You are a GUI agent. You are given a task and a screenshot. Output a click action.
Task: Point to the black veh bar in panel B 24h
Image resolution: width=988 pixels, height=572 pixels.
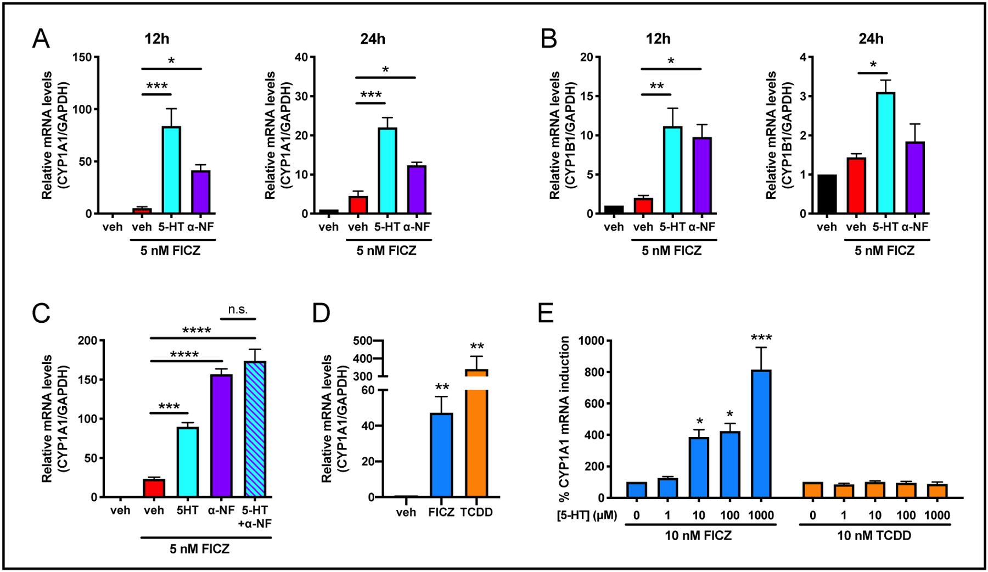pos(827,194)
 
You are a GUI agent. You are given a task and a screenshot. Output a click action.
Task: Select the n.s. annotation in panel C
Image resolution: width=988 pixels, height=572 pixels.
pos(238,310)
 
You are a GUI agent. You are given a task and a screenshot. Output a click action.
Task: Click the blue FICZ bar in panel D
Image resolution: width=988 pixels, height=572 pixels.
pos(441,455)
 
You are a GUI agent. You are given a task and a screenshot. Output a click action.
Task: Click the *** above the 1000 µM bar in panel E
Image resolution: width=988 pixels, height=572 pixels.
pos(761,337)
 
